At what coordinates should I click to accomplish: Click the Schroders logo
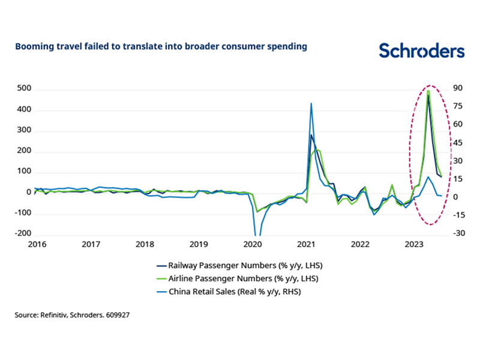(421, 51)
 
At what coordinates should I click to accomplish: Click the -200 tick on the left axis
(22, 234)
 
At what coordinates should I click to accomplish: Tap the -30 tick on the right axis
(459, 234)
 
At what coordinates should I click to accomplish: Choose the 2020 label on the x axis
(253, 245)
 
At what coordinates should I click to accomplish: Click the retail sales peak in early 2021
(311, 104)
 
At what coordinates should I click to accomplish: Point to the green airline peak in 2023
(428, 91)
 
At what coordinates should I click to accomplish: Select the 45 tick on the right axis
(458, 143)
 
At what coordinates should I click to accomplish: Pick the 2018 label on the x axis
(145, 245)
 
